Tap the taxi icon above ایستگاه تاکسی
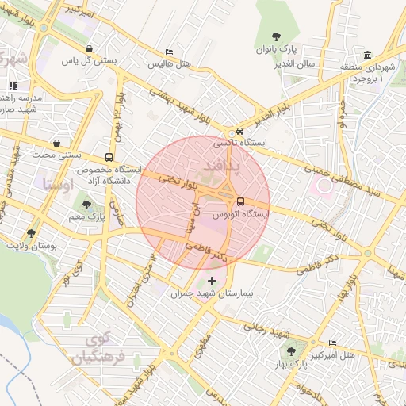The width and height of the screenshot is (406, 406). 239,132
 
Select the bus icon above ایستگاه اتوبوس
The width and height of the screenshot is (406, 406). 240,201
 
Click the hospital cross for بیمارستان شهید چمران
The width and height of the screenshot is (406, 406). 211,281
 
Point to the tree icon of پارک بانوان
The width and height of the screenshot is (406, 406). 276,36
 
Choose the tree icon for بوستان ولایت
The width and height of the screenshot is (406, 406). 32,233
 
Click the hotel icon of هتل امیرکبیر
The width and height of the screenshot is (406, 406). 331,343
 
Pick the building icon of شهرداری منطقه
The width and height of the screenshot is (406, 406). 367,55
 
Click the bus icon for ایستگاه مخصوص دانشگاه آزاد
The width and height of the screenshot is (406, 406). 109,157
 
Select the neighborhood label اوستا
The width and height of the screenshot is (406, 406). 56,183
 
